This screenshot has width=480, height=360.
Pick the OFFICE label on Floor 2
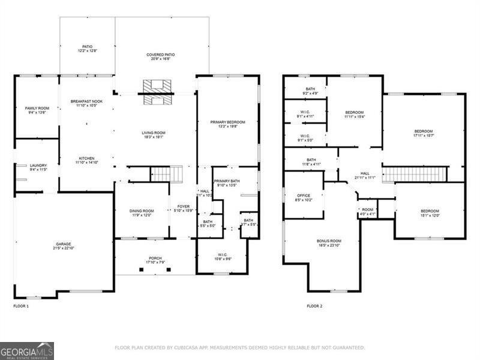(304, 197)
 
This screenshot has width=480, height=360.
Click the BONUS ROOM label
(329, 242)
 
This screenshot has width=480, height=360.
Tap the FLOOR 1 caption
(21, 306)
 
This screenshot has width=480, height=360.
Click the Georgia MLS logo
(27, 350)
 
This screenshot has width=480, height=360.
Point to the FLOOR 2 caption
(314, 306)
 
